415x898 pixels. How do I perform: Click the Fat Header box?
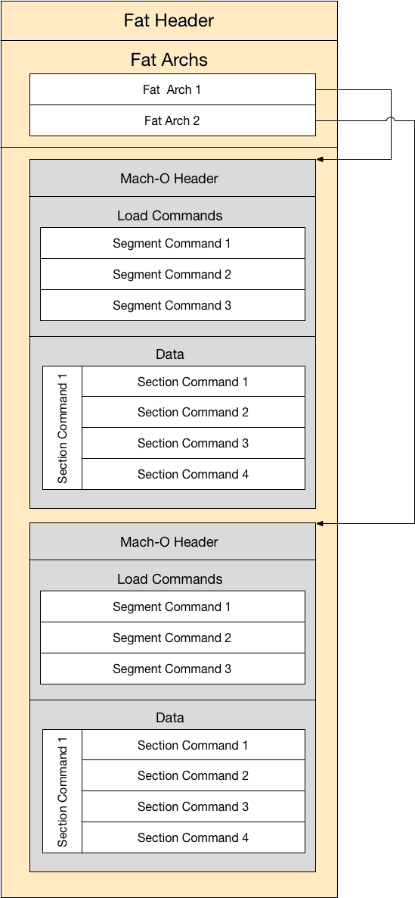point(169,20)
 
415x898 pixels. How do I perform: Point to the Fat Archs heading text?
point(169,60)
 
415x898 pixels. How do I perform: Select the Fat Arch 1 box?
point(172,89)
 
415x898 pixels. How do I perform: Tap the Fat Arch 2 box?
point(172,120)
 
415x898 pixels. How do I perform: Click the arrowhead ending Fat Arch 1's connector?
point(320,159)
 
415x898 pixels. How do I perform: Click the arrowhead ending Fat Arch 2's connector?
point(320,523)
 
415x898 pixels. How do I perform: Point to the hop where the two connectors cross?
point(391,119)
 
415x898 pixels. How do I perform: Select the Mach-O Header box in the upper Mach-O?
point(172,178)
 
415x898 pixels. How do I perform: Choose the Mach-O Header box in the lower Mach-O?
point(172,541)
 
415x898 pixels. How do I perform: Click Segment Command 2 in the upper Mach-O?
point(172,274)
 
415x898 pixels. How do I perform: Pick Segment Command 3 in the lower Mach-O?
point(172,669)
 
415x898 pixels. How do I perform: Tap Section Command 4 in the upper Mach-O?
point(194,474)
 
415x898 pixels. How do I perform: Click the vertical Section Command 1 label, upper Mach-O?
point(62,428)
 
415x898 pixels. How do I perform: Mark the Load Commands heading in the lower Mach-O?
point(170,579)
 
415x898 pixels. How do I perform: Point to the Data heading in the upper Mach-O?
point(170,354)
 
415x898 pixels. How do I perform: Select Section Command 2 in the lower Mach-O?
point(194,775)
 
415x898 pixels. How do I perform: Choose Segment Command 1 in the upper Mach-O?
point(172,243)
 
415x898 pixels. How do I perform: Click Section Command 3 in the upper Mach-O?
point(194,443)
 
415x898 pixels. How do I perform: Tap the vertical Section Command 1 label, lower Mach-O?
point(62,791)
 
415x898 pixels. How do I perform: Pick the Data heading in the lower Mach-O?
point(170,718)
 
